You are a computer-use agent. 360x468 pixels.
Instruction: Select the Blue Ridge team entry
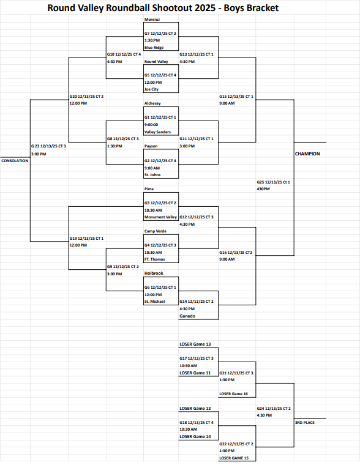154,47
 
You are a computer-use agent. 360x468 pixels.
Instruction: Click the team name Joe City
152,89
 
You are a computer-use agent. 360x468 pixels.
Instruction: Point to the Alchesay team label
153,103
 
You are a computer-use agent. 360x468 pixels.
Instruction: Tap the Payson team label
151,146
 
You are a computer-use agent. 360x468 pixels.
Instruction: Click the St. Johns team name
153,174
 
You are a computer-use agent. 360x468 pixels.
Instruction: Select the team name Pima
149,189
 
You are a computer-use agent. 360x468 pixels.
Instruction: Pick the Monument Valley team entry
160,217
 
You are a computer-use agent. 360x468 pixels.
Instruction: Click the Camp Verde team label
156,231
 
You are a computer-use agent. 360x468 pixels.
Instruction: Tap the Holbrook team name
154,273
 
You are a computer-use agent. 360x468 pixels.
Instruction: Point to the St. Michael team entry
155,301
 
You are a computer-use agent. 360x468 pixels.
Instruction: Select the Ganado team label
187,316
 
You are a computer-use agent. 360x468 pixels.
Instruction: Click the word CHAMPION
307,154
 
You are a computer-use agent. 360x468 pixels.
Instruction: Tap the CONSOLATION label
15,160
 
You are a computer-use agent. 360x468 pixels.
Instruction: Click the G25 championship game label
273,182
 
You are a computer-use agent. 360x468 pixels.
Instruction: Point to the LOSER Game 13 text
195,344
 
